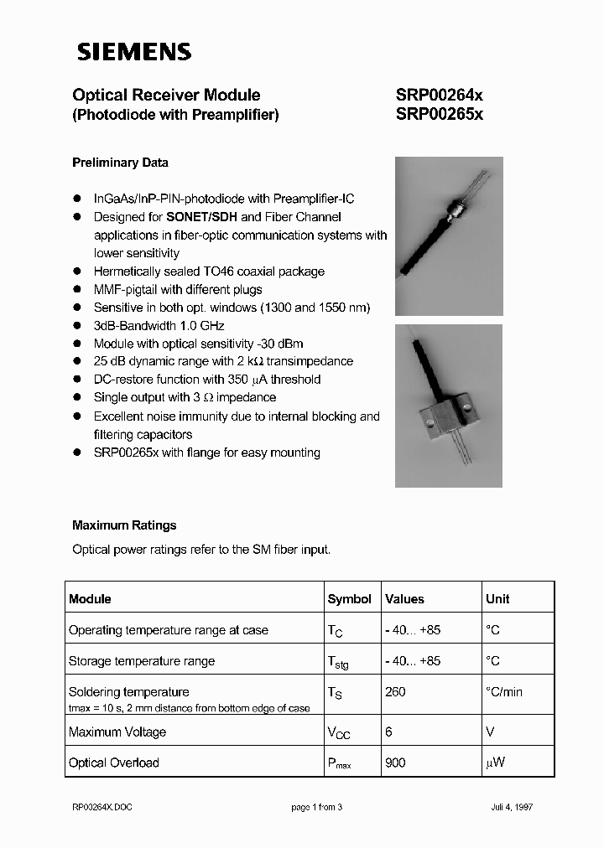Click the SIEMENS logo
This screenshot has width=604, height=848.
tap(134, 52)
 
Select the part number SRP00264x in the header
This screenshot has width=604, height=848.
tap(439, 96)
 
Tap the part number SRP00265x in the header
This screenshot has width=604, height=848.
tap(439, 116)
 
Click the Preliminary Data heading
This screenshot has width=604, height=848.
tap(120, 163)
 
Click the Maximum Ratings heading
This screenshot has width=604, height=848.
tap(124, 525)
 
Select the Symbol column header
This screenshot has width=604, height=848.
tap(349, 599)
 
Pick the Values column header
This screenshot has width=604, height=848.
tap(404, 599)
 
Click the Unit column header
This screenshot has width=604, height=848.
tap(497, 599)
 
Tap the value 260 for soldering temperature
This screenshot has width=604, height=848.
tap(395, 692)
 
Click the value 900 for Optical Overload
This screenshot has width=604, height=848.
tap(395, 763)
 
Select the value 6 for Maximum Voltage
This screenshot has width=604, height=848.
tap(388, 732)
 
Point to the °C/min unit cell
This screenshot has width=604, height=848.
tap(504, 692)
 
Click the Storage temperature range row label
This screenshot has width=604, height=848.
tap(141, 661)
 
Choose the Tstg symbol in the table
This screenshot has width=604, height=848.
tap(338, 662)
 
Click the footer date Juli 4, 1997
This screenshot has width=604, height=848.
tap(512, 807)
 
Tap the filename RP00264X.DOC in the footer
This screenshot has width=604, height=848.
tap(102, 807)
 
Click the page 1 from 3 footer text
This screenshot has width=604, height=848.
tap(317, 807)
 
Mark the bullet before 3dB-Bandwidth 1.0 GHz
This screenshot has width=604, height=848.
tap(76, 326)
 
